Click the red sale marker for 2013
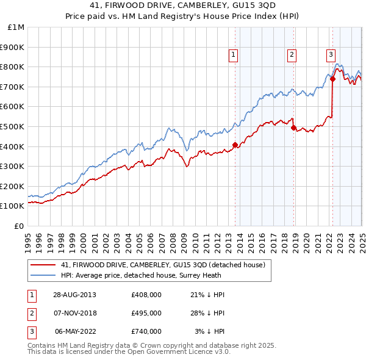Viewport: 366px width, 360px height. pyautogui.click(x=235, y=145)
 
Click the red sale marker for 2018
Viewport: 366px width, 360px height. pyautogui.click(x=293, y=128)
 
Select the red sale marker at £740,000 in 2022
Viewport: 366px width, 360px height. pyautogui.click(x=332, y=79)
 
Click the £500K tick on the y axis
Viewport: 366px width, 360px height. pyautogui.click(x=12, y=126)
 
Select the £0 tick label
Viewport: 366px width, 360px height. pyautogui.click(x=19, y=226)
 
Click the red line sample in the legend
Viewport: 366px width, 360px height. pyautogui.click(x=42, y=265)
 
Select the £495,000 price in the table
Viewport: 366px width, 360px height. pyautogui.click(x=146, y=313)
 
